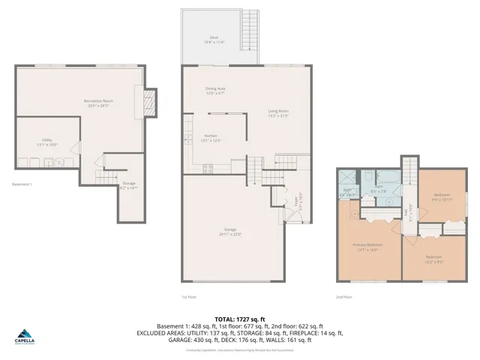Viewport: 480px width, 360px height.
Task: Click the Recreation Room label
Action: (x=97, y=103)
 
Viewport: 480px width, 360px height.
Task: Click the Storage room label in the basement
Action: (x=129, y=185)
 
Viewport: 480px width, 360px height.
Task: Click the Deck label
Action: (x=218, y=40)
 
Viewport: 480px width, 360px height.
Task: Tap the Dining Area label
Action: (x=216, y=91)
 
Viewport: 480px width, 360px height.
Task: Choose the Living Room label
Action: (x=278, y=113)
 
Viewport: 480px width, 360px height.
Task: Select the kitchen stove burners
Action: (x=208, y=167)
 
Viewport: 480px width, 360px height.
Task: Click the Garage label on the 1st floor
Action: (x=230, y=231)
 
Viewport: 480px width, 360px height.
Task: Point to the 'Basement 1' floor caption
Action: (x=22, y=184)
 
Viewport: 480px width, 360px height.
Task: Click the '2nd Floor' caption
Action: (x=344, y=296)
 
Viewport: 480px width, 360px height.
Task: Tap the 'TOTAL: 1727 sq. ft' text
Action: (x=239, y=319)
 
